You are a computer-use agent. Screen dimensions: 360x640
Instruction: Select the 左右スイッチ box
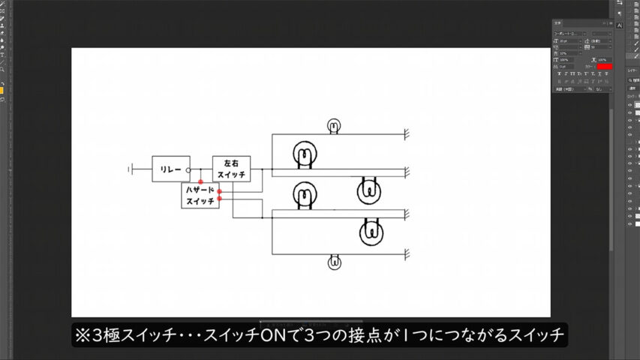click(231, 169)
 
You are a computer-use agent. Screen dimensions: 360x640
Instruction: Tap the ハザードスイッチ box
click(200, 196)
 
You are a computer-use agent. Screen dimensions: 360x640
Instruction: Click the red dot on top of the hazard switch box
click(200, 182)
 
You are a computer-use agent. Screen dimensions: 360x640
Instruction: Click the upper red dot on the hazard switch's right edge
click(219, 191)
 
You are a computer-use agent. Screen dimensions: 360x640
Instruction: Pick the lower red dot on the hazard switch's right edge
click(219, 199)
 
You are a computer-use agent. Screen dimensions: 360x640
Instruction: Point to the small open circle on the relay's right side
click(188, 170)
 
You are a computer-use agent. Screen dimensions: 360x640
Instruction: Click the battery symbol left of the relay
click(131, 169)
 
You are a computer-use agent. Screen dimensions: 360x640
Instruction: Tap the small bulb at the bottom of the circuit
click(334, 262)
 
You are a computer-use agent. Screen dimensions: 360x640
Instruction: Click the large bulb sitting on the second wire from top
click(305, 155)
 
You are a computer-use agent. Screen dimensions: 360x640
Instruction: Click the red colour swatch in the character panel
click(604, 67)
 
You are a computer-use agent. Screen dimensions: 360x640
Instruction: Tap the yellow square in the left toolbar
click(2, 91)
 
